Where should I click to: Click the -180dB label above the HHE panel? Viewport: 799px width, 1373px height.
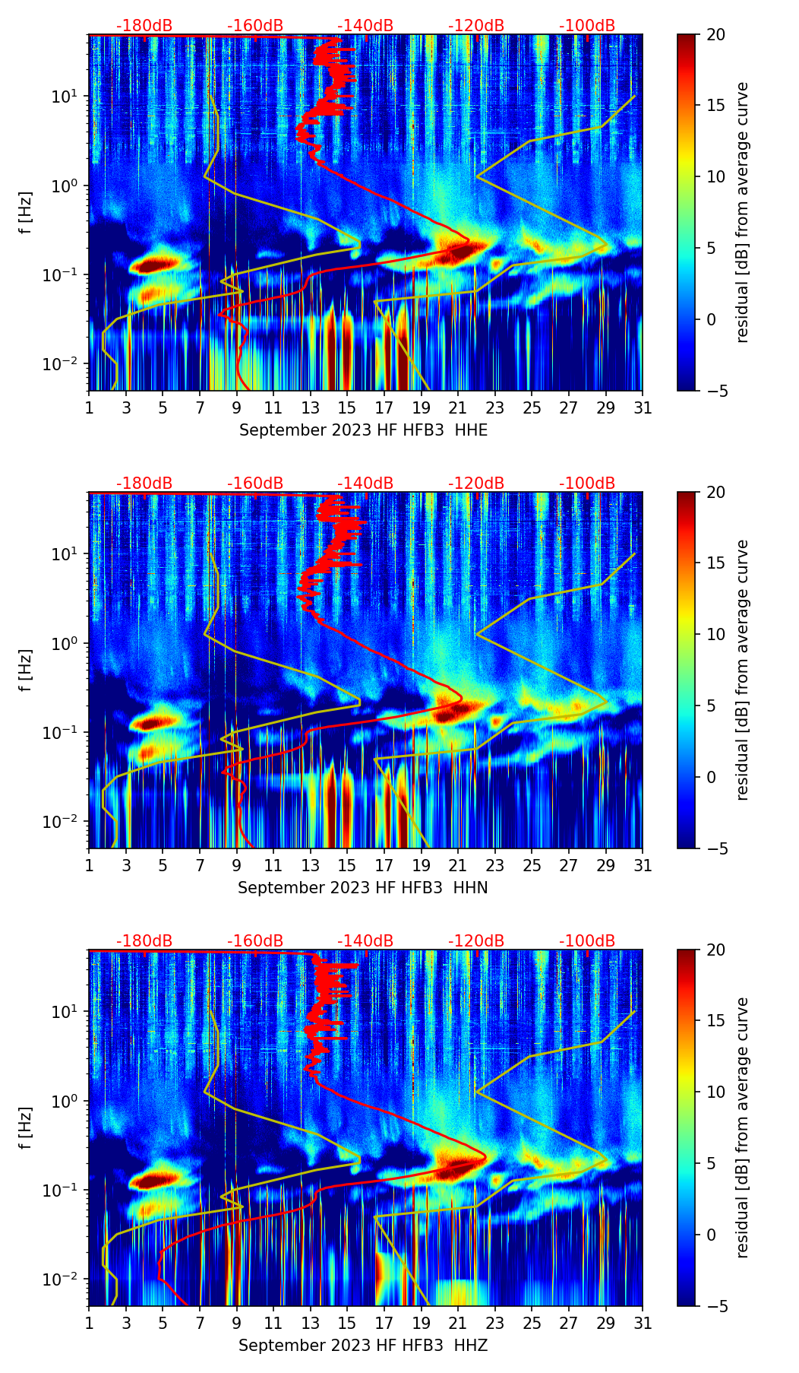coord(144,26)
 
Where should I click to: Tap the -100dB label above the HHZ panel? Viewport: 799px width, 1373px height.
coord(587,941)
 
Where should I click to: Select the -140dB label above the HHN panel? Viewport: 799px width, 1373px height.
coord(365,484)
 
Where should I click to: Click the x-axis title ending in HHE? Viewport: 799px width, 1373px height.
coord(363,430)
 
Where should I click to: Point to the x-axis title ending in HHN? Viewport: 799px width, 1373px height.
coord(362,888)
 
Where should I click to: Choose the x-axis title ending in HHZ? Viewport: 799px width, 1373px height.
coord(362,1346)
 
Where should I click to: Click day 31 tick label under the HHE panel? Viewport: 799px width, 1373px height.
coord(643,407)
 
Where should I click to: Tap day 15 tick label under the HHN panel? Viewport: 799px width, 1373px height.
coord(347,865)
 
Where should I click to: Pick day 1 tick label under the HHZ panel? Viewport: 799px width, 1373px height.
coord(89,1323)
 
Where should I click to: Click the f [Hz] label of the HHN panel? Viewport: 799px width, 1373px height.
coord(27,671)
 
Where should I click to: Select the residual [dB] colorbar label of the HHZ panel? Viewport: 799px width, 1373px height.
coord(742,1127)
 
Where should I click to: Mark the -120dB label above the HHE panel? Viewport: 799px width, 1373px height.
coord(476,26)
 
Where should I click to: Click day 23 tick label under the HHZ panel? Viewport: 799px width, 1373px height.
coord(495,1323)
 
